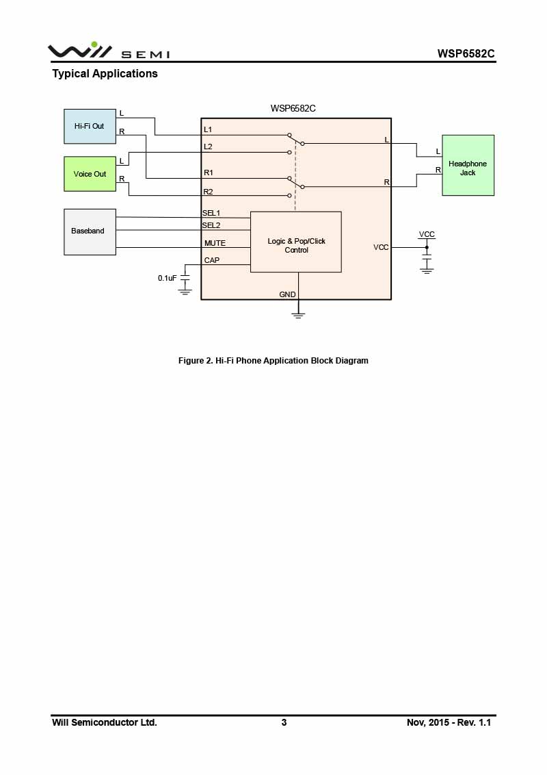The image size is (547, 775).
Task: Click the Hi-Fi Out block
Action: click(90, 126)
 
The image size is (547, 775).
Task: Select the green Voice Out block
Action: click(90, 174)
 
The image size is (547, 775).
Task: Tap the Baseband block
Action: click(90, 231)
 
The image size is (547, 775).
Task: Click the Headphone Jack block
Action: click(468, 166)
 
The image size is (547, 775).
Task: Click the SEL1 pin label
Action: click(211, 213)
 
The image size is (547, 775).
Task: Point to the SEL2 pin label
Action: click(211, 225)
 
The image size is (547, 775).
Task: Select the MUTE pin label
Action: click(215, 243)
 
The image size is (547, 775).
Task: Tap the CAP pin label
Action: click(212, 260)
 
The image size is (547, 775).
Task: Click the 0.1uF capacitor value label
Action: click(168, 278)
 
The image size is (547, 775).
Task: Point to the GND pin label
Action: click(287, 294)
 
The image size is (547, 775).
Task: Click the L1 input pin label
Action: click(208, 129)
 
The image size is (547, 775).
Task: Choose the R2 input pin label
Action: click(209, 192)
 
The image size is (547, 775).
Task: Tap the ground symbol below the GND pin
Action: click(298, 314)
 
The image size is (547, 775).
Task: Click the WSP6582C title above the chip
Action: click(293, 108)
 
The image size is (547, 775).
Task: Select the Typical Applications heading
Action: click(105, 74)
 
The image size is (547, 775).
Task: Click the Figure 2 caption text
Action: click(273, 361)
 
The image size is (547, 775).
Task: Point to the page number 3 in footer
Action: click(284, 722)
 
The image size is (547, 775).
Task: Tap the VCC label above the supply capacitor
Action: click(427, 234)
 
